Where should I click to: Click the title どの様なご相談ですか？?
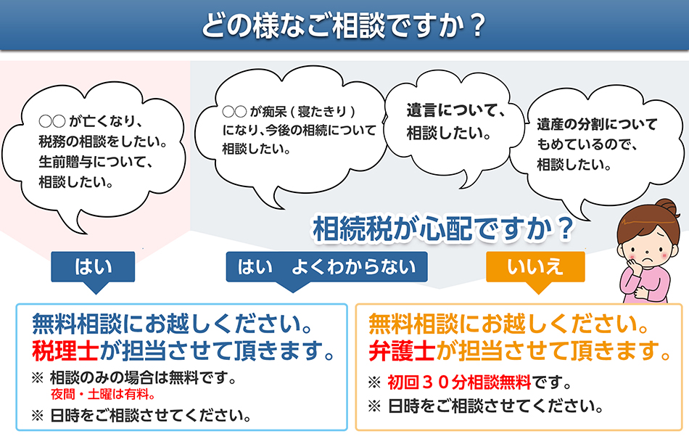(344, 26)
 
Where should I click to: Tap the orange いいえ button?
(535, 266)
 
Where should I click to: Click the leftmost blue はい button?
(94, 266)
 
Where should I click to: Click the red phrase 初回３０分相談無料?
(460, 382)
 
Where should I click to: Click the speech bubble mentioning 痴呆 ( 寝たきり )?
(298, 131)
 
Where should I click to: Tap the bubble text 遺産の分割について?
(596, 124)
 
